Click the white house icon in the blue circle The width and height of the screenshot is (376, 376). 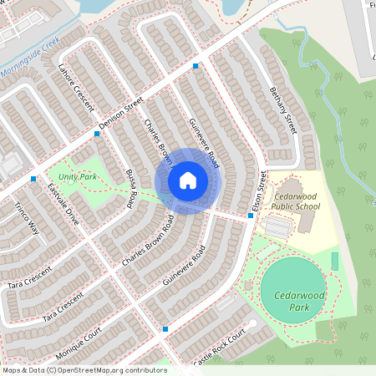point(188,180)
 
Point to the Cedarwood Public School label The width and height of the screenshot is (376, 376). point(297,201)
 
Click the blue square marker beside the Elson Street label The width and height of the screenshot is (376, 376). point(251,216)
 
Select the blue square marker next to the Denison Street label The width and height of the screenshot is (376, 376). point(97,133)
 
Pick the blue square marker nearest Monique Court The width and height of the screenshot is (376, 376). point(165,329)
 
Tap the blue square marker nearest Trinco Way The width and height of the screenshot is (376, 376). point(33,179)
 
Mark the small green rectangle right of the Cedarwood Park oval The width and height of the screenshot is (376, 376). point(335,262)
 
